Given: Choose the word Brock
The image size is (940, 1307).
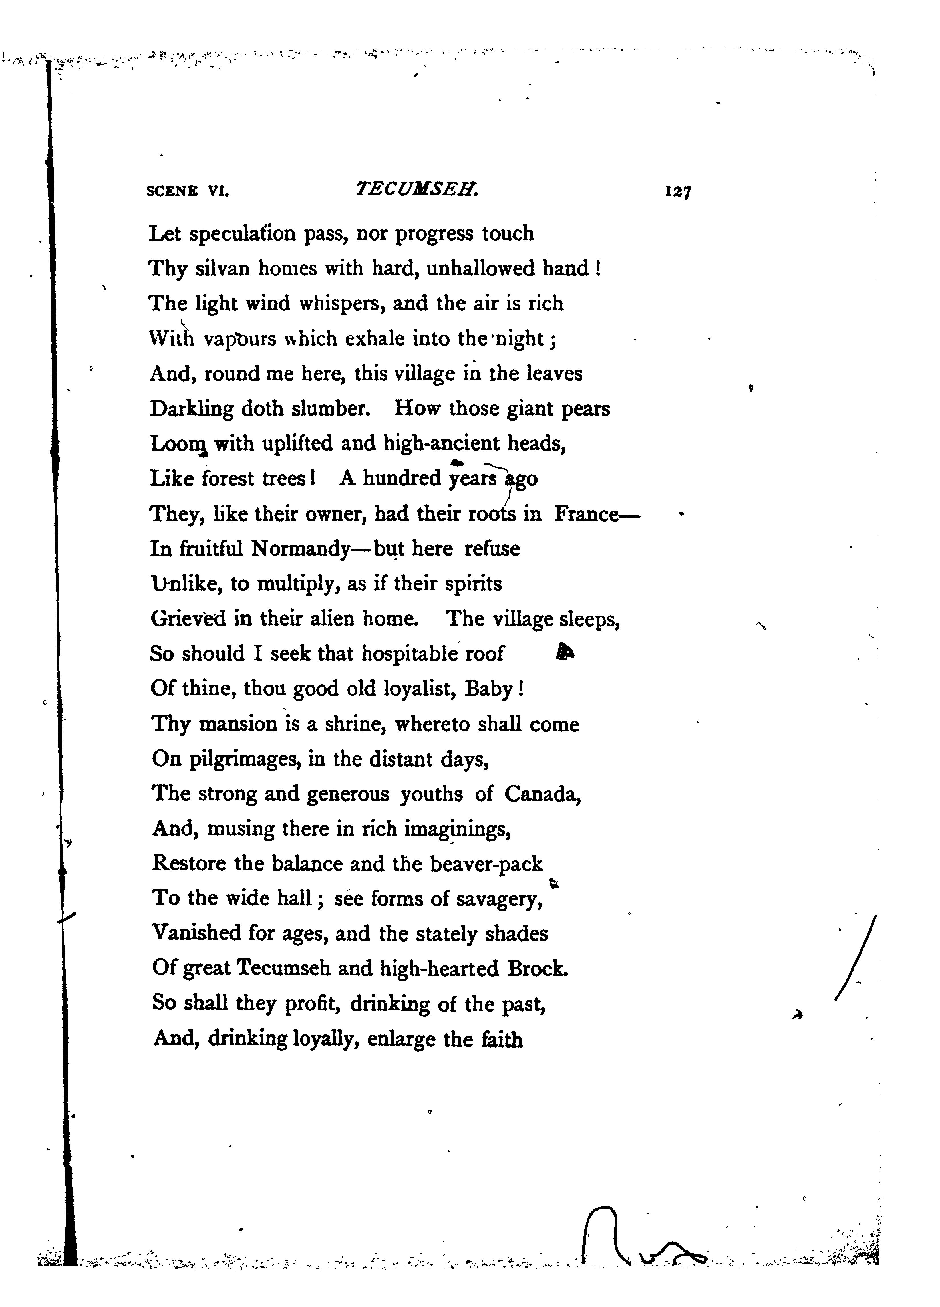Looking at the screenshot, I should [538, 969].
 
